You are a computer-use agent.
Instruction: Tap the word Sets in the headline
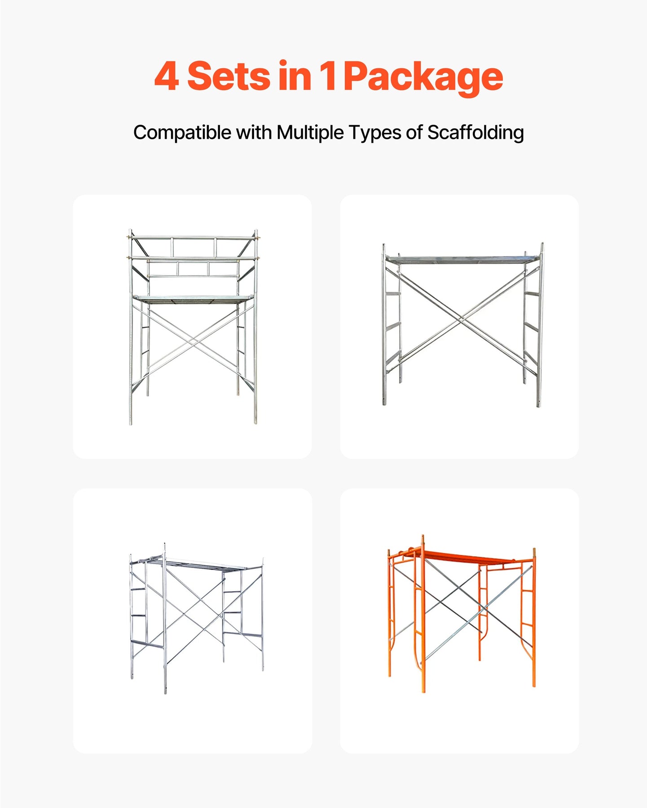click(229, 76)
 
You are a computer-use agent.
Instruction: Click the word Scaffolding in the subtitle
click(475, 133)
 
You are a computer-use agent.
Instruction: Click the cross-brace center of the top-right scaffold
click(462, 319)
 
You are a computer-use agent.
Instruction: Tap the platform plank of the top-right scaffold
click(462, 259)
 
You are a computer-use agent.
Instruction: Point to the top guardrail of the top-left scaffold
click(193, 237)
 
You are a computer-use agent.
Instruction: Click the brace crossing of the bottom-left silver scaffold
click(194, 609)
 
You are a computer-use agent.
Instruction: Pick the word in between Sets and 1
click(295, 76)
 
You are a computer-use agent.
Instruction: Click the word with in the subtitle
click(254, 133)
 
